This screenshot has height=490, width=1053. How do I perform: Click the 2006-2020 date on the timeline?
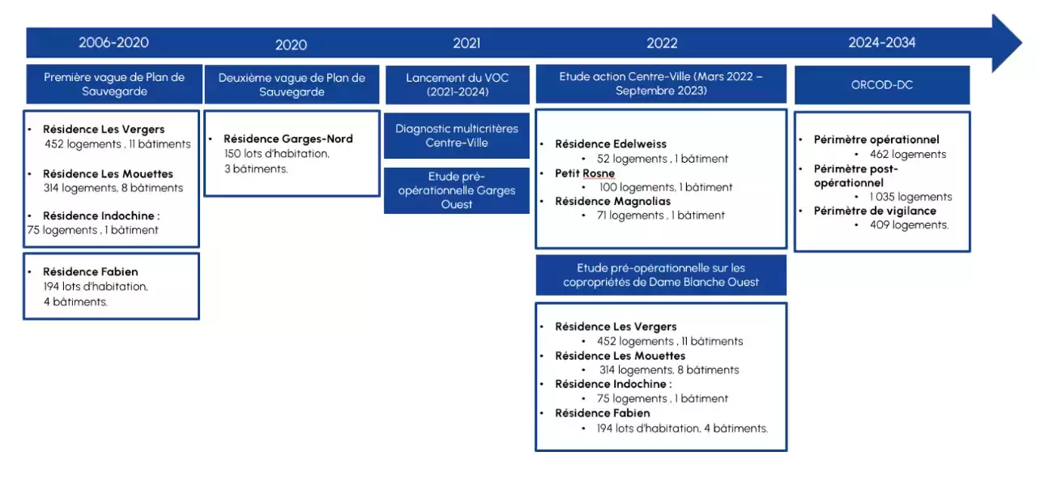tap(113, 43)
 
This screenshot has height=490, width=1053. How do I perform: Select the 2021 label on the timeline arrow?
tap(467, 43)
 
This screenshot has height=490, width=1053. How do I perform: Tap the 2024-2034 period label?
tap(882, 43)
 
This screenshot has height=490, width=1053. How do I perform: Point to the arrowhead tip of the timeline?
tap(1021, 43)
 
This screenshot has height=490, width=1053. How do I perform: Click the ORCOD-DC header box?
tap(882, 85)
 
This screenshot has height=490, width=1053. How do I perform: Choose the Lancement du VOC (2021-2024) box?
tap(458, 85)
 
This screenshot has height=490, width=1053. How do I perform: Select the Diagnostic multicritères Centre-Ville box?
tap(457, 135)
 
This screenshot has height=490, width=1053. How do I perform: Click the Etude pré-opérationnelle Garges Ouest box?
tap(457, 190)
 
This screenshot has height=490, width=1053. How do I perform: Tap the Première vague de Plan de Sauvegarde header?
tap(114, 84)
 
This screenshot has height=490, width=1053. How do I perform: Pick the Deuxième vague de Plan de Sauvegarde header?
tap(292, 85)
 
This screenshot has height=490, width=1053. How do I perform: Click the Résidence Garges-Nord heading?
tap(288, 138)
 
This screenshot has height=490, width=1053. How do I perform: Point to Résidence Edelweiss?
tap(611, 144)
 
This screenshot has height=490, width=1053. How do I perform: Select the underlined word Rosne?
tap(599, 173)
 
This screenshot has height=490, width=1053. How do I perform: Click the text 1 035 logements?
tap(910, 197)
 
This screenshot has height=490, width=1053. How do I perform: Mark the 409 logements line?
tap(909, 225)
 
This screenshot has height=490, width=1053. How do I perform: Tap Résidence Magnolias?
tap(613, 202)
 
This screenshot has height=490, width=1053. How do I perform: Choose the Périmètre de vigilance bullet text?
tap(875, 211)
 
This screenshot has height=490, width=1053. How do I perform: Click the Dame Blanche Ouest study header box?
tap(661, 275)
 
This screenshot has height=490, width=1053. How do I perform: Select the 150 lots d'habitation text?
tap(277, 154)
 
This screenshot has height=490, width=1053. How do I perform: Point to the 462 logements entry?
tap(908, 154)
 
